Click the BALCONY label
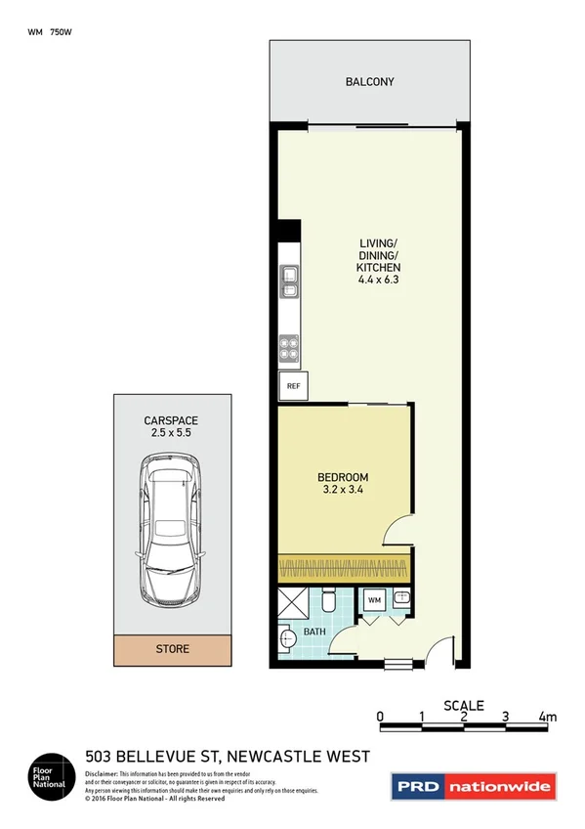coord(369,82)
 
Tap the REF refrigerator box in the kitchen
coord(292,386)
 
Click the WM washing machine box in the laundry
coord(374,600)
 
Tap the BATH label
coord(313,633)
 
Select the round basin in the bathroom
coord(285,641)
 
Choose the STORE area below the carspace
coord(173,648)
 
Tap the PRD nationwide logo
coord(474,785)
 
